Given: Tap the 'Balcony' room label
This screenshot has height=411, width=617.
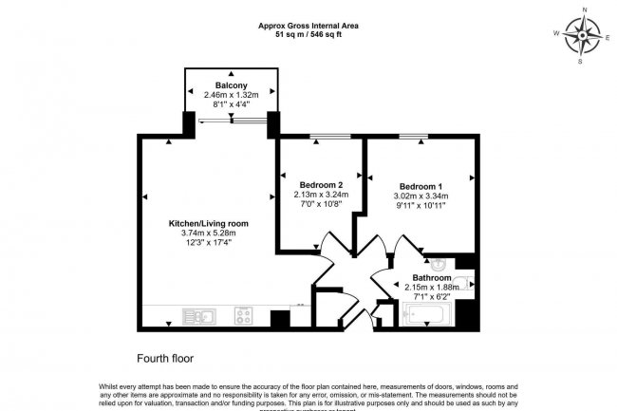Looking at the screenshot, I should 231,84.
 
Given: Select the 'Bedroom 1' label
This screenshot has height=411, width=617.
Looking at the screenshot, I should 420,186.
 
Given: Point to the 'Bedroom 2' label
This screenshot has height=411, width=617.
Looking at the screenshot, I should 322,184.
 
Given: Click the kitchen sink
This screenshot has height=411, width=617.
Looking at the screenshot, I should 200,316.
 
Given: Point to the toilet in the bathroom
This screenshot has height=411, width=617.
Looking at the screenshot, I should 461,282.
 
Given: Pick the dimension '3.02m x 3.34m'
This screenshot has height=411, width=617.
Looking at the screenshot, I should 420,196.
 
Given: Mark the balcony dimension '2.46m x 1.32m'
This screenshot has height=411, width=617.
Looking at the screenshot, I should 231,95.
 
